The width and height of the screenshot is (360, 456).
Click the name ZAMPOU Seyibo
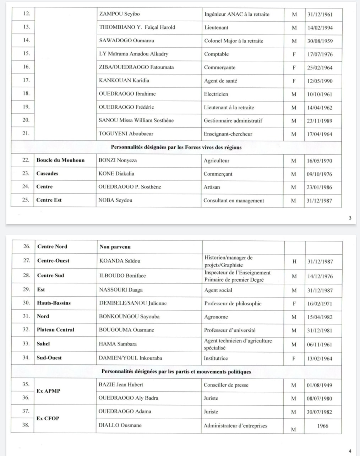[119, 14]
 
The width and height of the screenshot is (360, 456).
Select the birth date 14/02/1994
[320, 28]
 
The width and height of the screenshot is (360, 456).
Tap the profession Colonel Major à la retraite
[234, 41]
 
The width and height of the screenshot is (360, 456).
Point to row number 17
[26, 80]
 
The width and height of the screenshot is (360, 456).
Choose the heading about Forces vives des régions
[176, 147]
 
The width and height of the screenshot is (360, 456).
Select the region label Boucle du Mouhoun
[60, 160]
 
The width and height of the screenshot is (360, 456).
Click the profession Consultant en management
[234, 200]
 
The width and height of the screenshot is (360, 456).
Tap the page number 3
[350, 218]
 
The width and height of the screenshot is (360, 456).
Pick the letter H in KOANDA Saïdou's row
[294, 261]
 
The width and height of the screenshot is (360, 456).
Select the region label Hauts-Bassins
[54, 303]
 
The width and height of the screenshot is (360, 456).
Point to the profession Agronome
[216, 317]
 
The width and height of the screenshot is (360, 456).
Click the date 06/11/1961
[320, 344]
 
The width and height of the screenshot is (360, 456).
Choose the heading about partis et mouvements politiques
[176, 372]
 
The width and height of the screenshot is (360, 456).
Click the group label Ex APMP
[49, 391]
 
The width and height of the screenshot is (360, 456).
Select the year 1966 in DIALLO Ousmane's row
[323, 425]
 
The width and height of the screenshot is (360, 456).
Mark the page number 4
[350, 451]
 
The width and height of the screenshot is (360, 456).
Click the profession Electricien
[216, 94]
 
